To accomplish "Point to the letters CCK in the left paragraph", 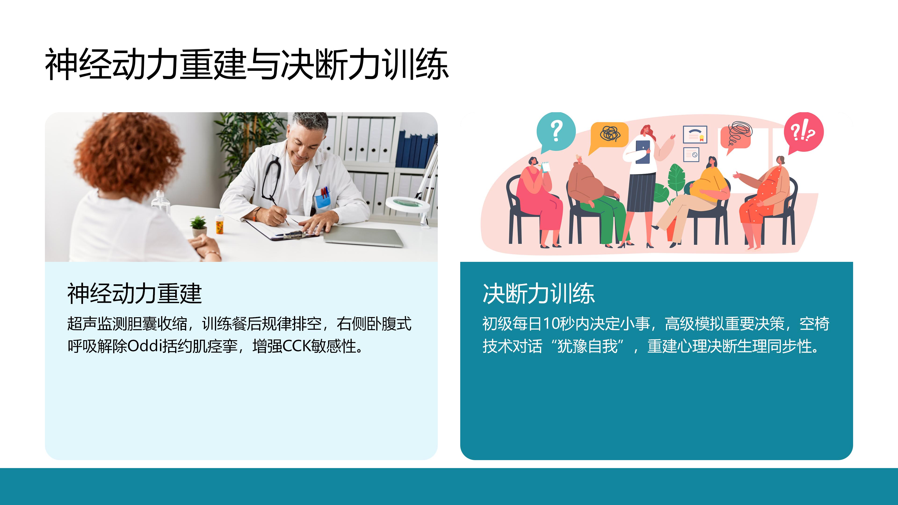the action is (x=296, y=346).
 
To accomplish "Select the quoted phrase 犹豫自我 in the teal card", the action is (x=587, y=346).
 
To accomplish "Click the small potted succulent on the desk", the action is (x=199, y=226).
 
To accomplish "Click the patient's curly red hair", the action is (x=129, y=153).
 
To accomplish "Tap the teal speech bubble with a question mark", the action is (x=556, y=132).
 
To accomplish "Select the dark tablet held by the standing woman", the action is (x=642, y=151).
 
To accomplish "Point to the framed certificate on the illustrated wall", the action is (x=695, y=134).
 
